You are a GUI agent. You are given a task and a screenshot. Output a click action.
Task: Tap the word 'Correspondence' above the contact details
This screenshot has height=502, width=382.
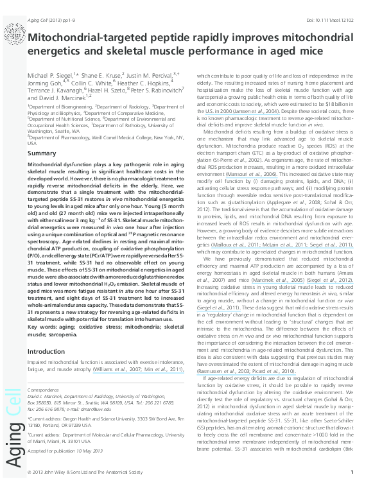44,390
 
